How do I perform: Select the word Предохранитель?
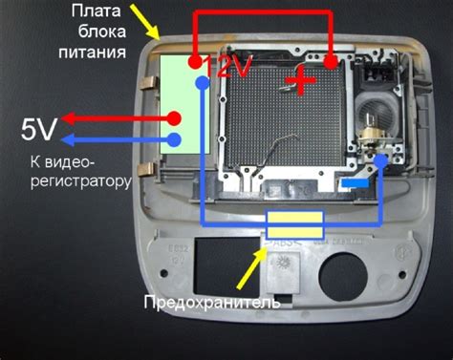tap(211, 304)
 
